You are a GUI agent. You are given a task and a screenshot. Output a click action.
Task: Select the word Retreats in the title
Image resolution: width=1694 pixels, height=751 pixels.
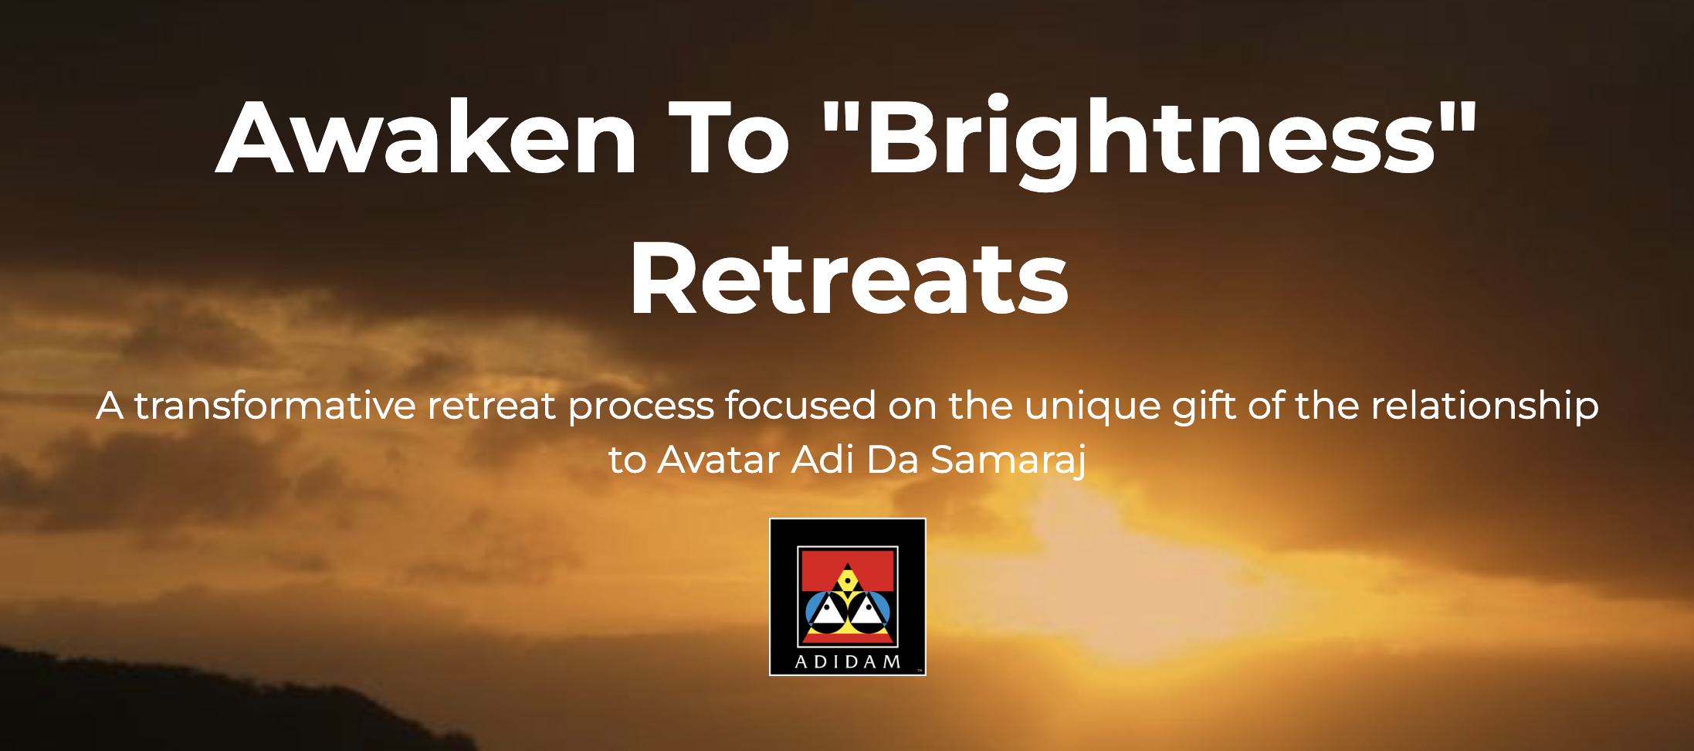pyautogui.click(x=849, y=277)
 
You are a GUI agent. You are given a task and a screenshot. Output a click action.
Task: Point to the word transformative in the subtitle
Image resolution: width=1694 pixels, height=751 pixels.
pyautogui.click(x=275, y=405)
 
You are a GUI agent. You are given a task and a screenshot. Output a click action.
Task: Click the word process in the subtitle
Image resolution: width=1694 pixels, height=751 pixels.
pyautogui.click(x=641, y=408)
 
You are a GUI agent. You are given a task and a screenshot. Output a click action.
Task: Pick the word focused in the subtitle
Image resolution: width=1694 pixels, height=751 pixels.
pyautogui.click(x=801, y=405)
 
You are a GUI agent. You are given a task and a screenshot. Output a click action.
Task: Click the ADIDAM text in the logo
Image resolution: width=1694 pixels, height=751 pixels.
pyautogui.click(x=848, y=662)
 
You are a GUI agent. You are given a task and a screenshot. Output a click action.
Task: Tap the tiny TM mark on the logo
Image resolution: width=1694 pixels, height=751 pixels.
pyautogui.click(x=920, y=671)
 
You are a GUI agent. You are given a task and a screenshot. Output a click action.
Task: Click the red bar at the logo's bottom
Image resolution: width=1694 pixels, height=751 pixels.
pyautogui.click(x=848, y=639)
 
